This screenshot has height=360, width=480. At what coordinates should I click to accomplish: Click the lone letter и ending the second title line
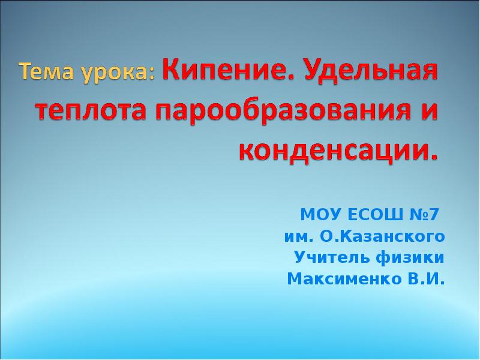pos(433,113)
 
